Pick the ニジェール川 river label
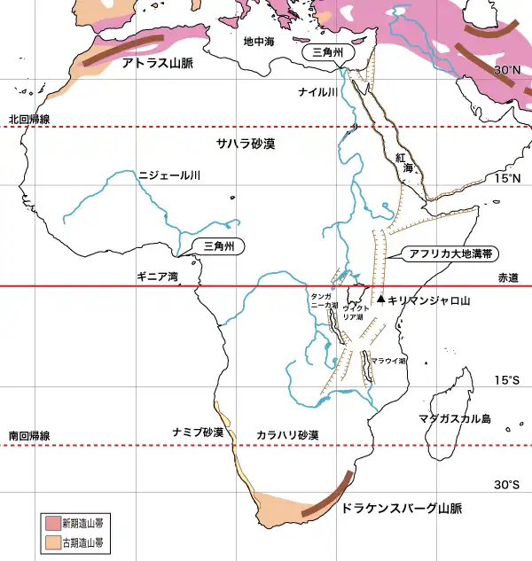pyautogui.click(x=169, y=176)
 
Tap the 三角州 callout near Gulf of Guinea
pyautogui.click(x=217, y=246)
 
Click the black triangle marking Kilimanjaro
pyautogui.click(x=380, y=300)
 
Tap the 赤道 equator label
pyautogui.click(x=507, y=277)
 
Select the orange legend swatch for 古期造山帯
pyautogui.click(x=53, y=541)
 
